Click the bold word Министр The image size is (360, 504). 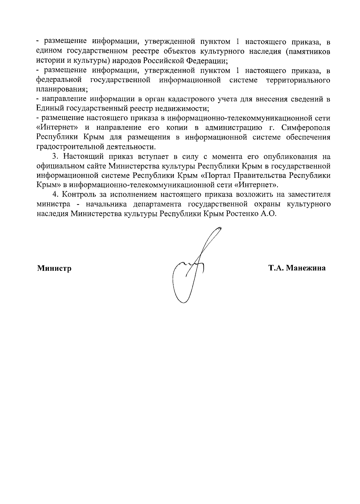click(x=54, y=268)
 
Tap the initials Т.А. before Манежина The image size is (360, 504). click(x=276, y=268)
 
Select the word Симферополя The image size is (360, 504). click(x=306, y=128)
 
